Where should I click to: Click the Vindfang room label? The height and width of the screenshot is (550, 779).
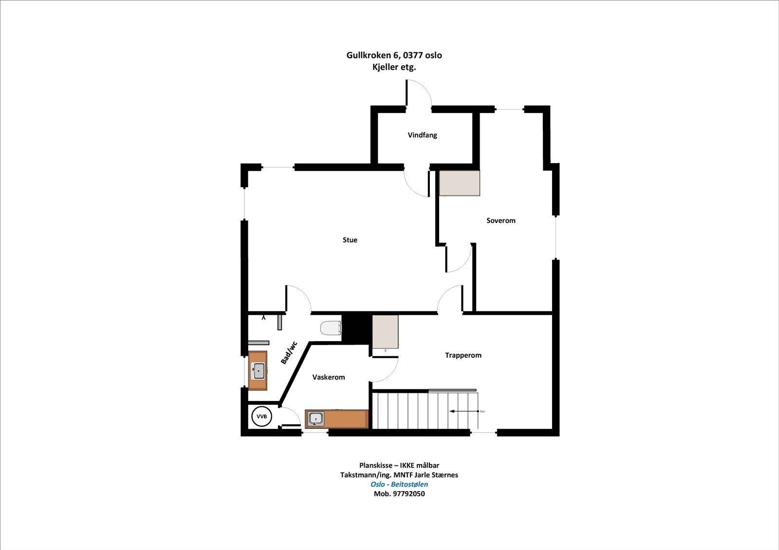click(x=422, y=135)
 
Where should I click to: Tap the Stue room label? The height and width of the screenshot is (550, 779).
click(x=350, y=240)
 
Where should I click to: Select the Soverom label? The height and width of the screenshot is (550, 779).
click(x=501, y=220)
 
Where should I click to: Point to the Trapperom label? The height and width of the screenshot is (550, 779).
click(x=463, y=355)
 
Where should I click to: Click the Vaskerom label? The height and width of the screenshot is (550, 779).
click(x=329, y=377)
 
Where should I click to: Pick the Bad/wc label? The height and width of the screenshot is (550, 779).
click(x=289, y=352)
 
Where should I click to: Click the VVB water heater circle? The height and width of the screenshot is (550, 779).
click(x=261, y=417)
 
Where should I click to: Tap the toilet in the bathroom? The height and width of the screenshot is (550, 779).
click(x=331, y=328)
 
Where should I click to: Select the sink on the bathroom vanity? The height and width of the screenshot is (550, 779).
click(x=258, y=371)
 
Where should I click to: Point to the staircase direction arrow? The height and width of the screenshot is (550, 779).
click(x=464, y=411)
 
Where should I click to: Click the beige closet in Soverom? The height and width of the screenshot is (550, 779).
click(x=460, y=183)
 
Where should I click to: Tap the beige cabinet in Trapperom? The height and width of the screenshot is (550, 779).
click(x=385, y=331)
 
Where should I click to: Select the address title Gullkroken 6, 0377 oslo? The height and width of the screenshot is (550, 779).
click(x=394, y=55)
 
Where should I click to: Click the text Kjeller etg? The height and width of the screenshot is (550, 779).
click(x=394, y=67)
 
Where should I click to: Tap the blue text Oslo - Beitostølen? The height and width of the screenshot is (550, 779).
click(x=399, y=484)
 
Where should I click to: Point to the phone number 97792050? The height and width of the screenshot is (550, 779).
click(x=408, y=494)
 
